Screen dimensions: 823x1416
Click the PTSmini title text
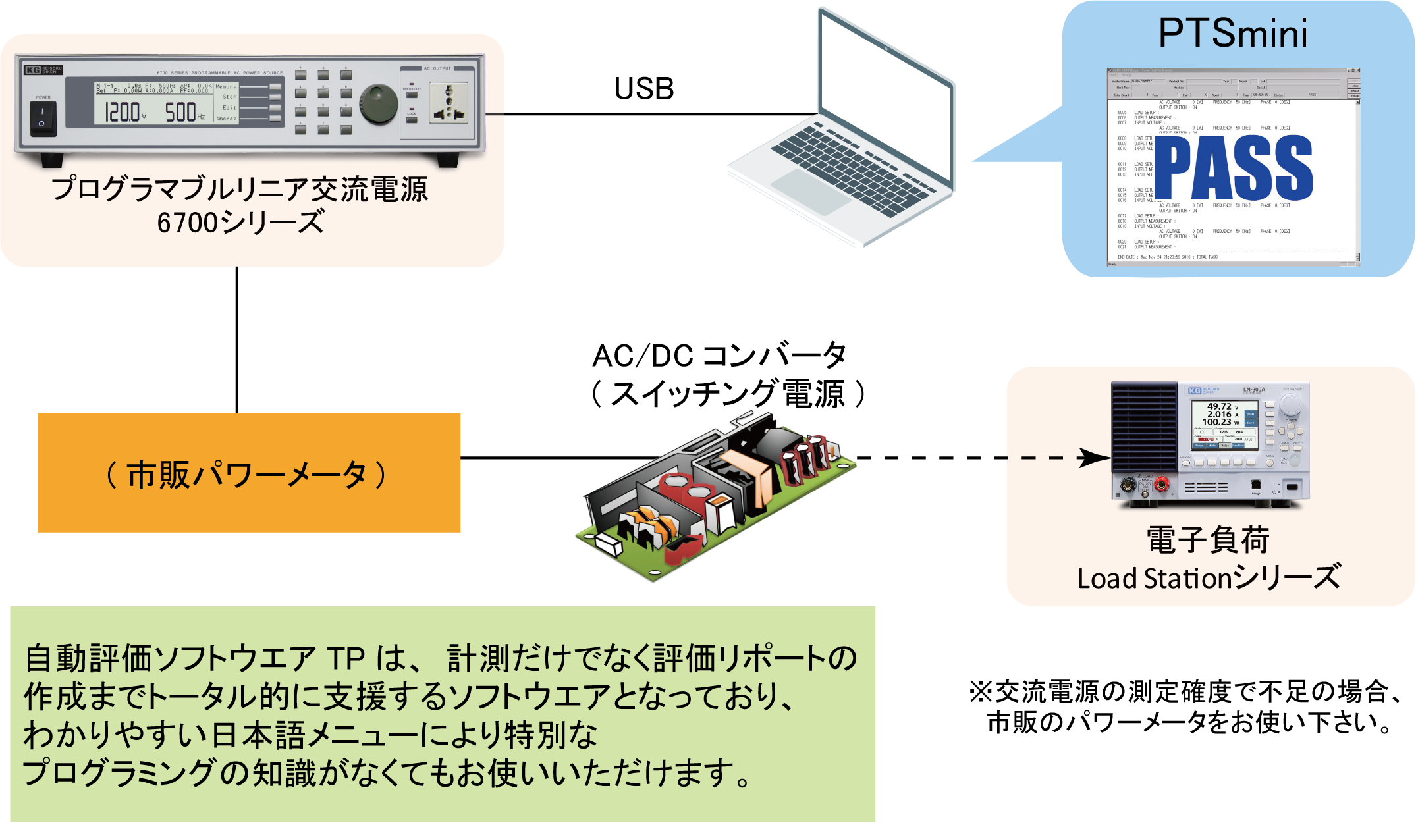[x=1232, y=33]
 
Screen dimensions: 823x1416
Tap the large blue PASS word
[x=1234, y=167]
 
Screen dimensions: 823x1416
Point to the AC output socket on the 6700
[x=448, y=102]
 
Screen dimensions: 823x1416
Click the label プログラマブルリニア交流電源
[x=240, y=189]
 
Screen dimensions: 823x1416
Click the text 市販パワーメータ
[x=246, y=475]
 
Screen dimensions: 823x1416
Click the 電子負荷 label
[x=1208, y=541]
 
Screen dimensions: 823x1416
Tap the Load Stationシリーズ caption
[x=1209, y=578]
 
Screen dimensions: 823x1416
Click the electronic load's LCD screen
[x=1222, y=425]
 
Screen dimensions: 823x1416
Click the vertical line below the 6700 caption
[x=236, y=339]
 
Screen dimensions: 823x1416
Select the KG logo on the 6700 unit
[x=32, y=70]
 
